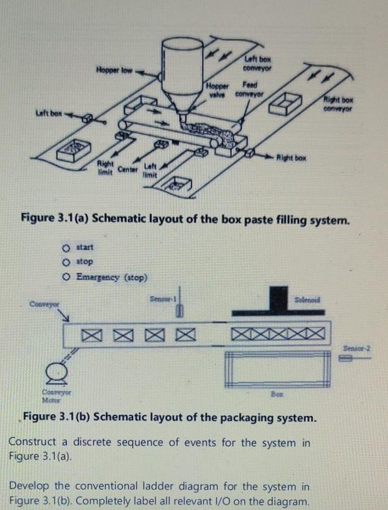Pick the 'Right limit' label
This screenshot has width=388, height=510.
106,168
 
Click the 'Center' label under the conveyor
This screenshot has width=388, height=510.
129,169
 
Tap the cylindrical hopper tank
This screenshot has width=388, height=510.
182,62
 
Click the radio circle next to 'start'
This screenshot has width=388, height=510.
66,247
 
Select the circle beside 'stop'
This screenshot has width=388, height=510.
66,262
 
